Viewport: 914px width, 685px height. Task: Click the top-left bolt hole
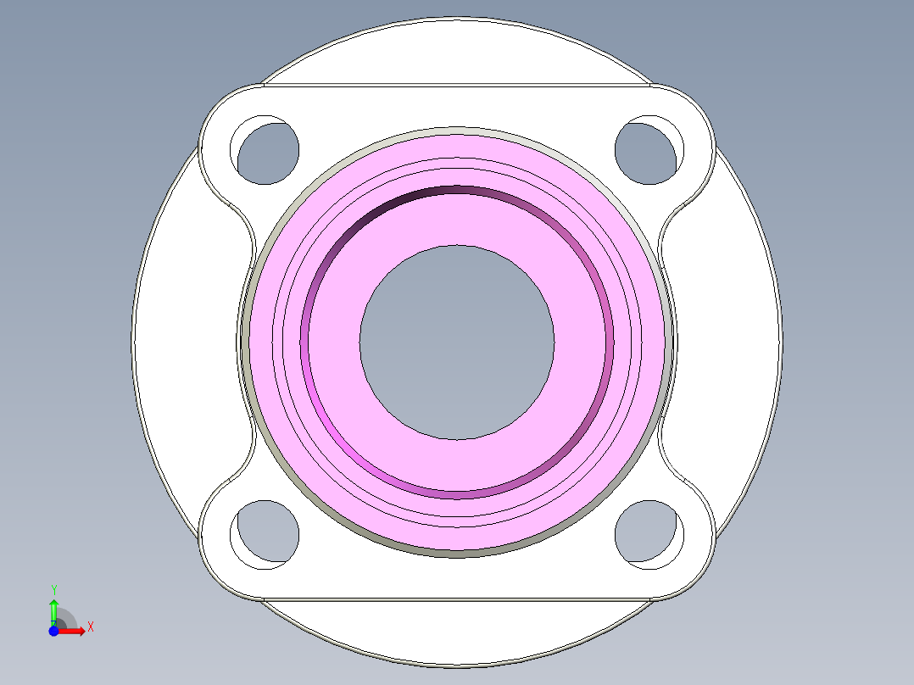point(268,153)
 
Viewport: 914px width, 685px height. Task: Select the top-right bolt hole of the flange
point(648,152)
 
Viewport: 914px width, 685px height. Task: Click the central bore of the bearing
point(457,342)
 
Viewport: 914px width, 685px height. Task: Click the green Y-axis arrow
point(53,610)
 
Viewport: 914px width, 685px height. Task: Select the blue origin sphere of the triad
point(53,631)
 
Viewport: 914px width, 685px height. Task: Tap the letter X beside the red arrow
point(91,627)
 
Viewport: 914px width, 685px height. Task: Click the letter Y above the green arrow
point(53,589)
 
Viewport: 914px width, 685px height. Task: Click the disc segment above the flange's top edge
point(457,51)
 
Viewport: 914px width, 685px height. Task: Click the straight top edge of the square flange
point(457,85)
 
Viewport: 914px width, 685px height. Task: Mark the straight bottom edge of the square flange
point(457,599)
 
